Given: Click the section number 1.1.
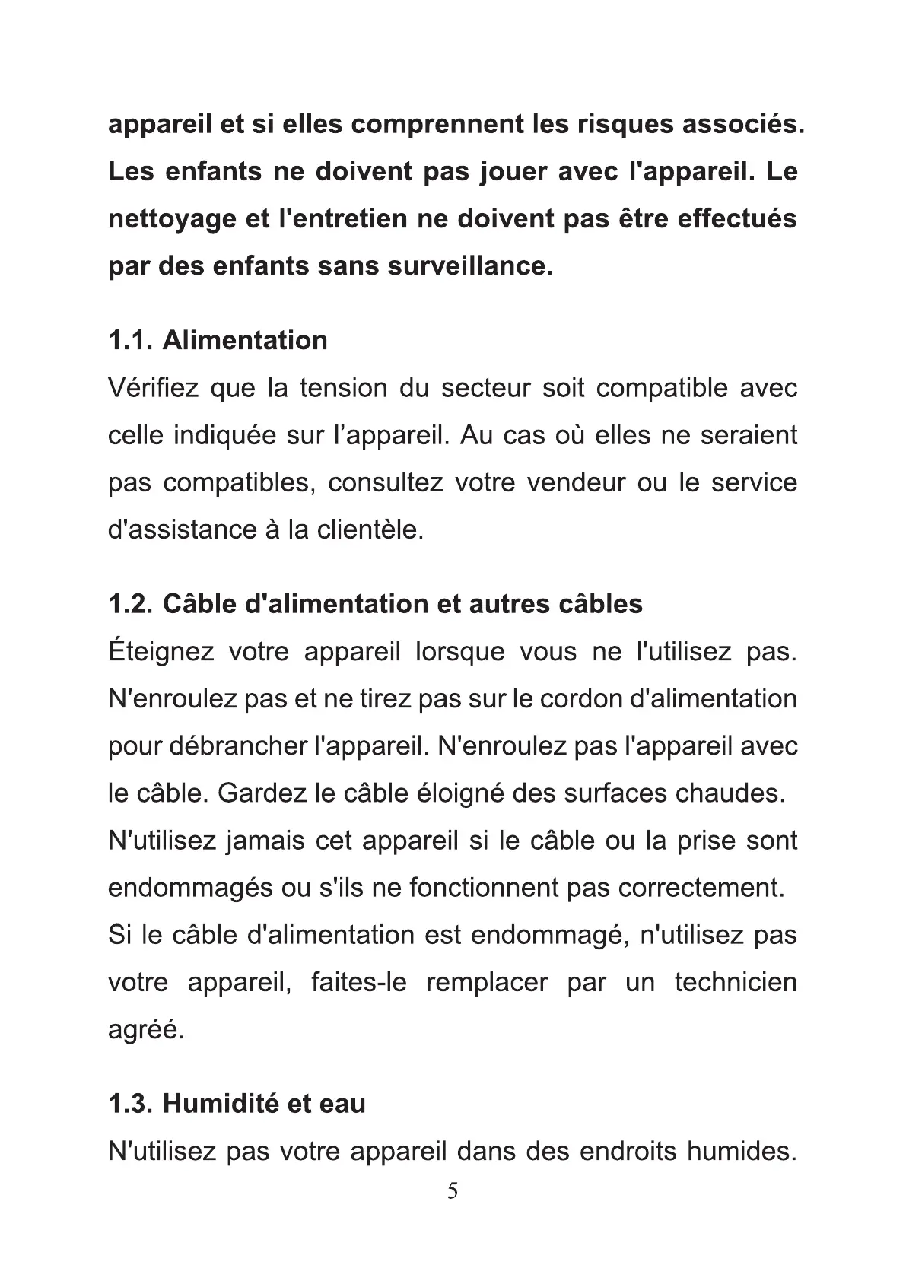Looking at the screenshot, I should pos(132,340).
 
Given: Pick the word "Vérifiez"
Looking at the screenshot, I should pos(152,388).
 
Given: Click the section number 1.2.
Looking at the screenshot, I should pos(132,604).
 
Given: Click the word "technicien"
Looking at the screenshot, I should pos(736,982).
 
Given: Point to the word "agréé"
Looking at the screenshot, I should pos(145,1030).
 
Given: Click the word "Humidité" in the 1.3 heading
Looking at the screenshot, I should pos(209,1103).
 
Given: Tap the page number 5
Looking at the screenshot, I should pos(453,1191).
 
